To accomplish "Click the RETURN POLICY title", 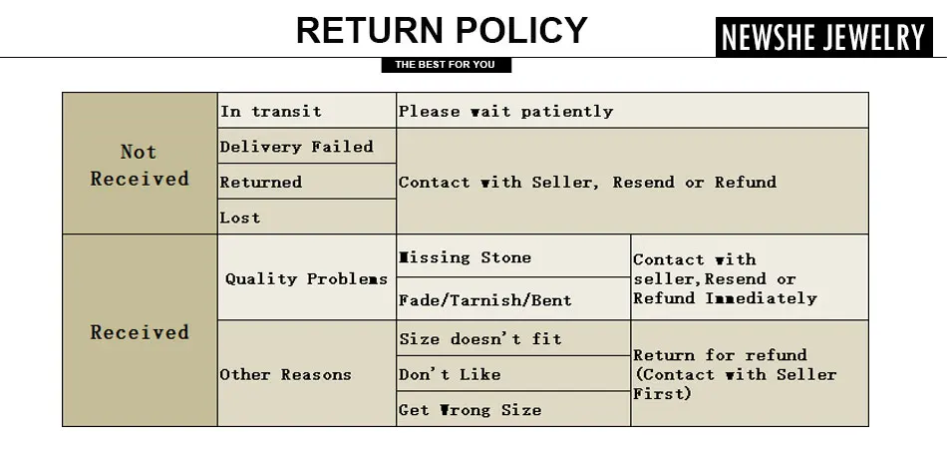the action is tap(442, 31).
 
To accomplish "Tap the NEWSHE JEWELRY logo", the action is tap(823, 38).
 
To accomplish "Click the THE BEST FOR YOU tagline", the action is tap(445, 65).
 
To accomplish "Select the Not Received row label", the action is tap(140, 165).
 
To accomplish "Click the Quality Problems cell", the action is tap(306, 278).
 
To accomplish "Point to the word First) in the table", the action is tap(662, 393).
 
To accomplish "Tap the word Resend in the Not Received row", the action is tap(643, 183).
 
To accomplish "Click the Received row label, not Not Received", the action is tap(140, 332).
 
